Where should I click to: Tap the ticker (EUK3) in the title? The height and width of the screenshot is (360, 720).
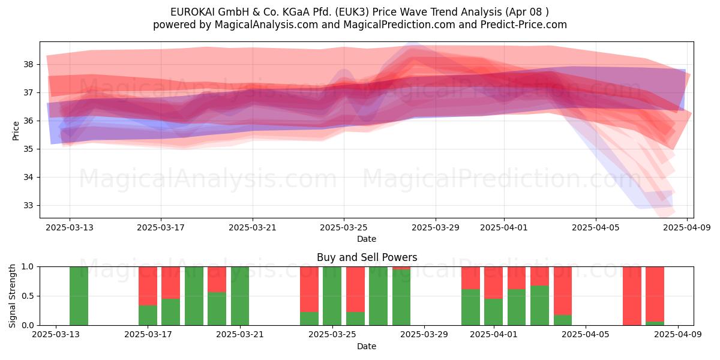click(x=352, y=12)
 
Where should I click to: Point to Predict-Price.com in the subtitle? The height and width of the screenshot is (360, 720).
click(x=524, y=25)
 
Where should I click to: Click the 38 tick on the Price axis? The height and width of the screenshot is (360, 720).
click(x=28, y=64)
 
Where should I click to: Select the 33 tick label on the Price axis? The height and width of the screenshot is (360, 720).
click(x=28, y=205)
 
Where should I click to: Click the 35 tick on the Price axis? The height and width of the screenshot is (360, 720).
click(x=28, y=149)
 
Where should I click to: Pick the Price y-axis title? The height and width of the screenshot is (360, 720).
click(x=16, y=131)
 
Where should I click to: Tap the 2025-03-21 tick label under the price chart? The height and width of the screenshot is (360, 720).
click(x=253, y=227)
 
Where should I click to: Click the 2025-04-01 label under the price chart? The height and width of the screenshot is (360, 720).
click(x=503, y=227)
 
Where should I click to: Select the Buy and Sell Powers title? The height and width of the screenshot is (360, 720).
click(x=367, y=257)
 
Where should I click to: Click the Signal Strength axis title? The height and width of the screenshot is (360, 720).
click(x=12, y=296)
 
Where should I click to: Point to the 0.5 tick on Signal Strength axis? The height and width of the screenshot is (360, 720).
click(x=28, y=296)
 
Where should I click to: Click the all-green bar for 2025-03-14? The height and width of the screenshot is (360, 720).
click(x=79, y=296)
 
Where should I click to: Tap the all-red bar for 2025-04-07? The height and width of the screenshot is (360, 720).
click(x=632, y=296)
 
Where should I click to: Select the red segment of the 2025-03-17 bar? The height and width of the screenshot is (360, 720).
click(x=148, y=286)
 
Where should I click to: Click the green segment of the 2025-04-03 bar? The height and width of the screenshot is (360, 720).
click(x=539, y=305)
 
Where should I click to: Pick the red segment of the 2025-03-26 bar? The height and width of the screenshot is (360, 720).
click(x=355, y=289)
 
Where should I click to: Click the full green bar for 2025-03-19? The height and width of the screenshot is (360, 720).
click(x=194, y=296)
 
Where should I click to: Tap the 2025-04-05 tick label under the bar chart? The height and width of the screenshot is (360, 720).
click(x=586, y=334)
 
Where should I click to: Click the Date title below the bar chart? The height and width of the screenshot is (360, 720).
click(x=367, y=346)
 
